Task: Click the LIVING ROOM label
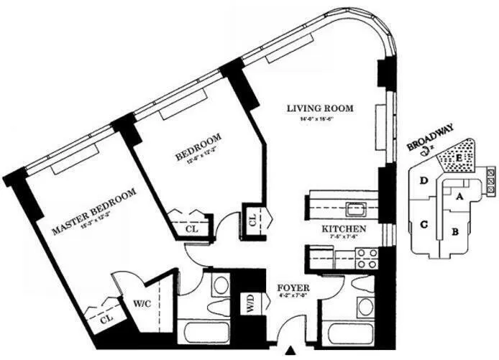point(320,109)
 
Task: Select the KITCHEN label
point(344,229)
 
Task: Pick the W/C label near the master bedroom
point(141,303)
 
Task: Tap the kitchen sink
point(354,209)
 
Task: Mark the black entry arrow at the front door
point(291,351)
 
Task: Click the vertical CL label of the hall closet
point(253,221)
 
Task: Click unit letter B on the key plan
point(454,231)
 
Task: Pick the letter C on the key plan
point(424,224)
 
